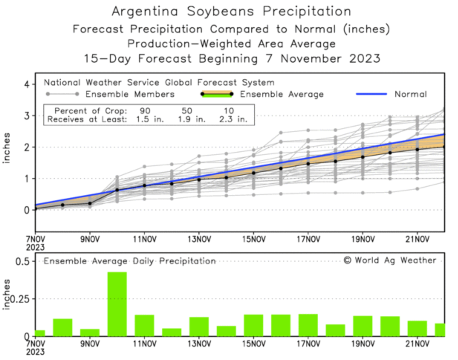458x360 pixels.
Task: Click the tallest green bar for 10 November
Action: point(117,304)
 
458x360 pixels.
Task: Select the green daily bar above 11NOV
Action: point(144,325)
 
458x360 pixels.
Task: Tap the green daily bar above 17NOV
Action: point(308,325)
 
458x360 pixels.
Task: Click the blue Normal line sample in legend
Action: point(371,94)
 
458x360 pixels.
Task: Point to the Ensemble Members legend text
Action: point(130,94)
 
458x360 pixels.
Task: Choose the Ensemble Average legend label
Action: point(282,94)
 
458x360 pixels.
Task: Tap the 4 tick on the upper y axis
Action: point(27,85)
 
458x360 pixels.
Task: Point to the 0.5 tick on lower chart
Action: point(22,262)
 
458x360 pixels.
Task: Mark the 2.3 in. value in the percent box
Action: point(233,120)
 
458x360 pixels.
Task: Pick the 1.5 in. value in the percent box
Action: point(150,120)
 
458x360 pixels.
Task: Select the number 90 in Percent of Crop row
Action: point(145,111)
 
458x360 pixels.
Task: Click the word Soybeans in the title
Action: point(220,12)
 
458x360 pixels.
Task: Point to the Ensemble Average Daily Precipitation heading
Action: point(130,261)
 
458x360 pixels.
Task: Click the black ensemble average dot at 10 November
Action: point(117,190)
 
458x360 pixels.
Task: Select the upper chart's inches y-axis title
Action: point(7,148)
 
